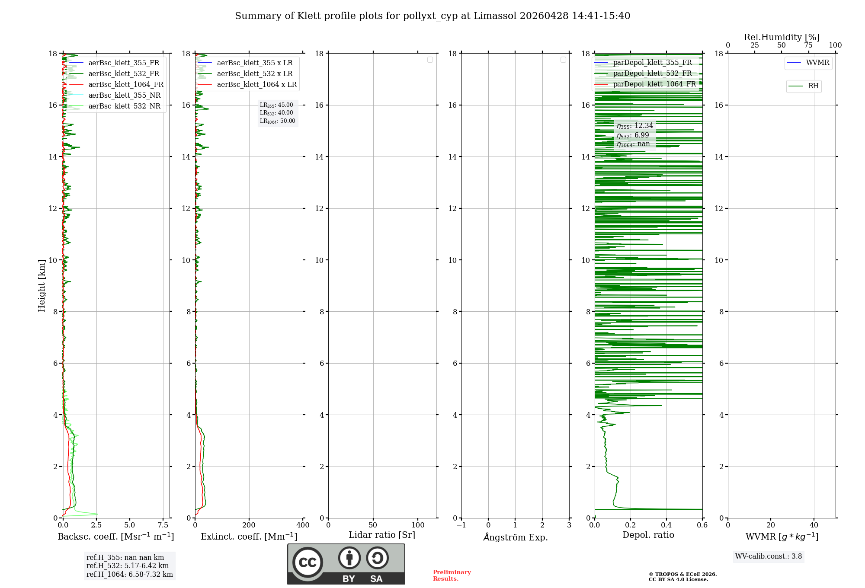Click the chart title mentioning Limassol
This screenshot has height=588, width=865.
tap(432, 16)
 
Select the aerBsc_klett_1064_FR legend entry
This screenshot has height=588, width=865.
tap(125, 85)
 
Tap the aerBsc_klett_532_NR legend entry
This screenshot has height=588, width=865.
tap(124, 106)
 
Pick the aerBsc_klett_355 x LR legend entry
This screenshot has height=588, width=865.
tap(254, 63)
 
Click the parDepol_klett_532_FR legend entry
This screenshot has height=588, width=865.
tap(652, 73)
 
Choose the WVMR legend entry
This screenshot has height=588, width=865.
tap(817, 63)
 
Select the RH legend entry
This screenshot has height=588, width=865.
tap(813, 86)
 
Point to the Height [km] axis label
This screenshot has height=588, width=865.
tap(42, 286)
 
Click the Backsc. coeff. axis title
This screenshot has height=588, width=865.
tap(116, 537)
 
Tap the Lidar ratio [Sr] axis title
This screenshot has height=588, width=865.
tap(382, 535)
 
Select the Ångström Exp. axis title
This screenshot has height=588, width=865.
tap(516, 537)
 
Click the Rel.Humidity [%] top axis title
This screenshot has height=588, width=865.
tap(782, 37)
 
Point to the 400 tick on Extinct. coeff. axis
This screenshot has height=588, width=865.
tap(303, 525)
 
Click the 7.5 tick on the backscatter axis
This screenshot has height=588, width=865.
tap(163, 525)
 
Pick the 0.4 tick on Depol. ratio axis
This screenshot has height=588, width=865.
tap(666, 525)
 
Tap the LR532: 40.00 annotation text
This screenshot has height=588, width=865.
tap(276, 113)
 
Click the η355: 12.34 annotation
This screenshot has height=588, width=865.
tap(635, 126)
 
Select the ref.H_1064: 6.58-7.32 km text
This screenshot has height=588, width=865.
tap(130, 575)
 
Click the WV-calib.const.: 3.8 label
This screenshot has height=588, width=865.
tap(769, 556)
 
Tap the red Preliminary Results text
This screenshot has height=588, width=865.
tap(452, 575)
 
